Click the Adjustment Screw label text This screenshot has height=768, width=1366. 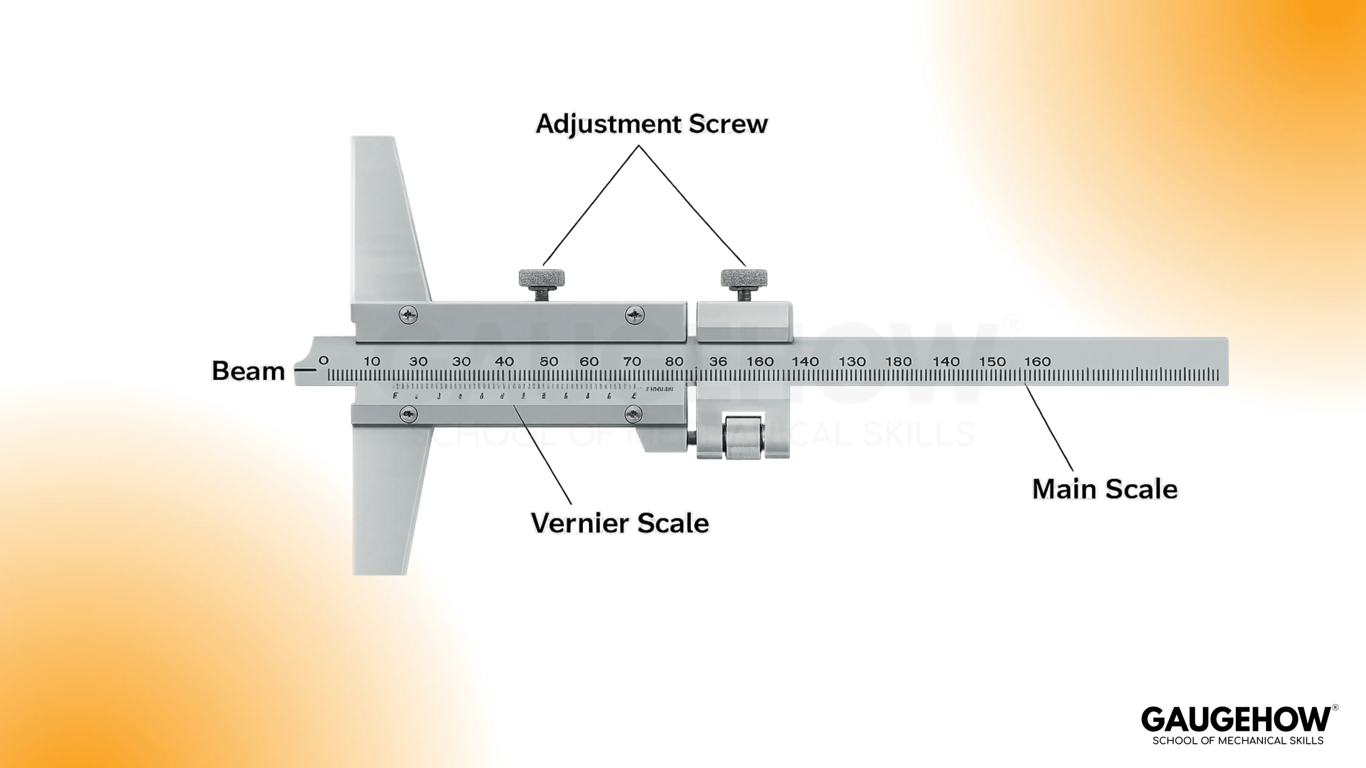(651, 124)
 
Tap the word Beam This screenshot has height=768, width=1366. (248, 371)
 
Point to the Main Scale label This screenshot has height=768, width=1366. (1105, 489)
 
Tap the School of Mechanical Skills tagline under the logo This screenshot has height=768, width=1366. (1238, 741)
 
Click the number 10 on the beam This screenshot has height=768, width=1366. (372, 361)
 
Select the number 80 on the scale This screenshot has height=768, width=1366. (674, 361)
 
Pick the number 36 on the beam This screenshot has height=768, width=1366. (718, 361)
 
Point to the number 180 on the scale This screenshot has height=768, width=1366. (898, 361)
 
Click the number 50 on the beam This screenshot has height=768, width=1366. (549, 361)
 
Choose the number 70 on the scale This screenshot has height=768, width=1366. (631, 361)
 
